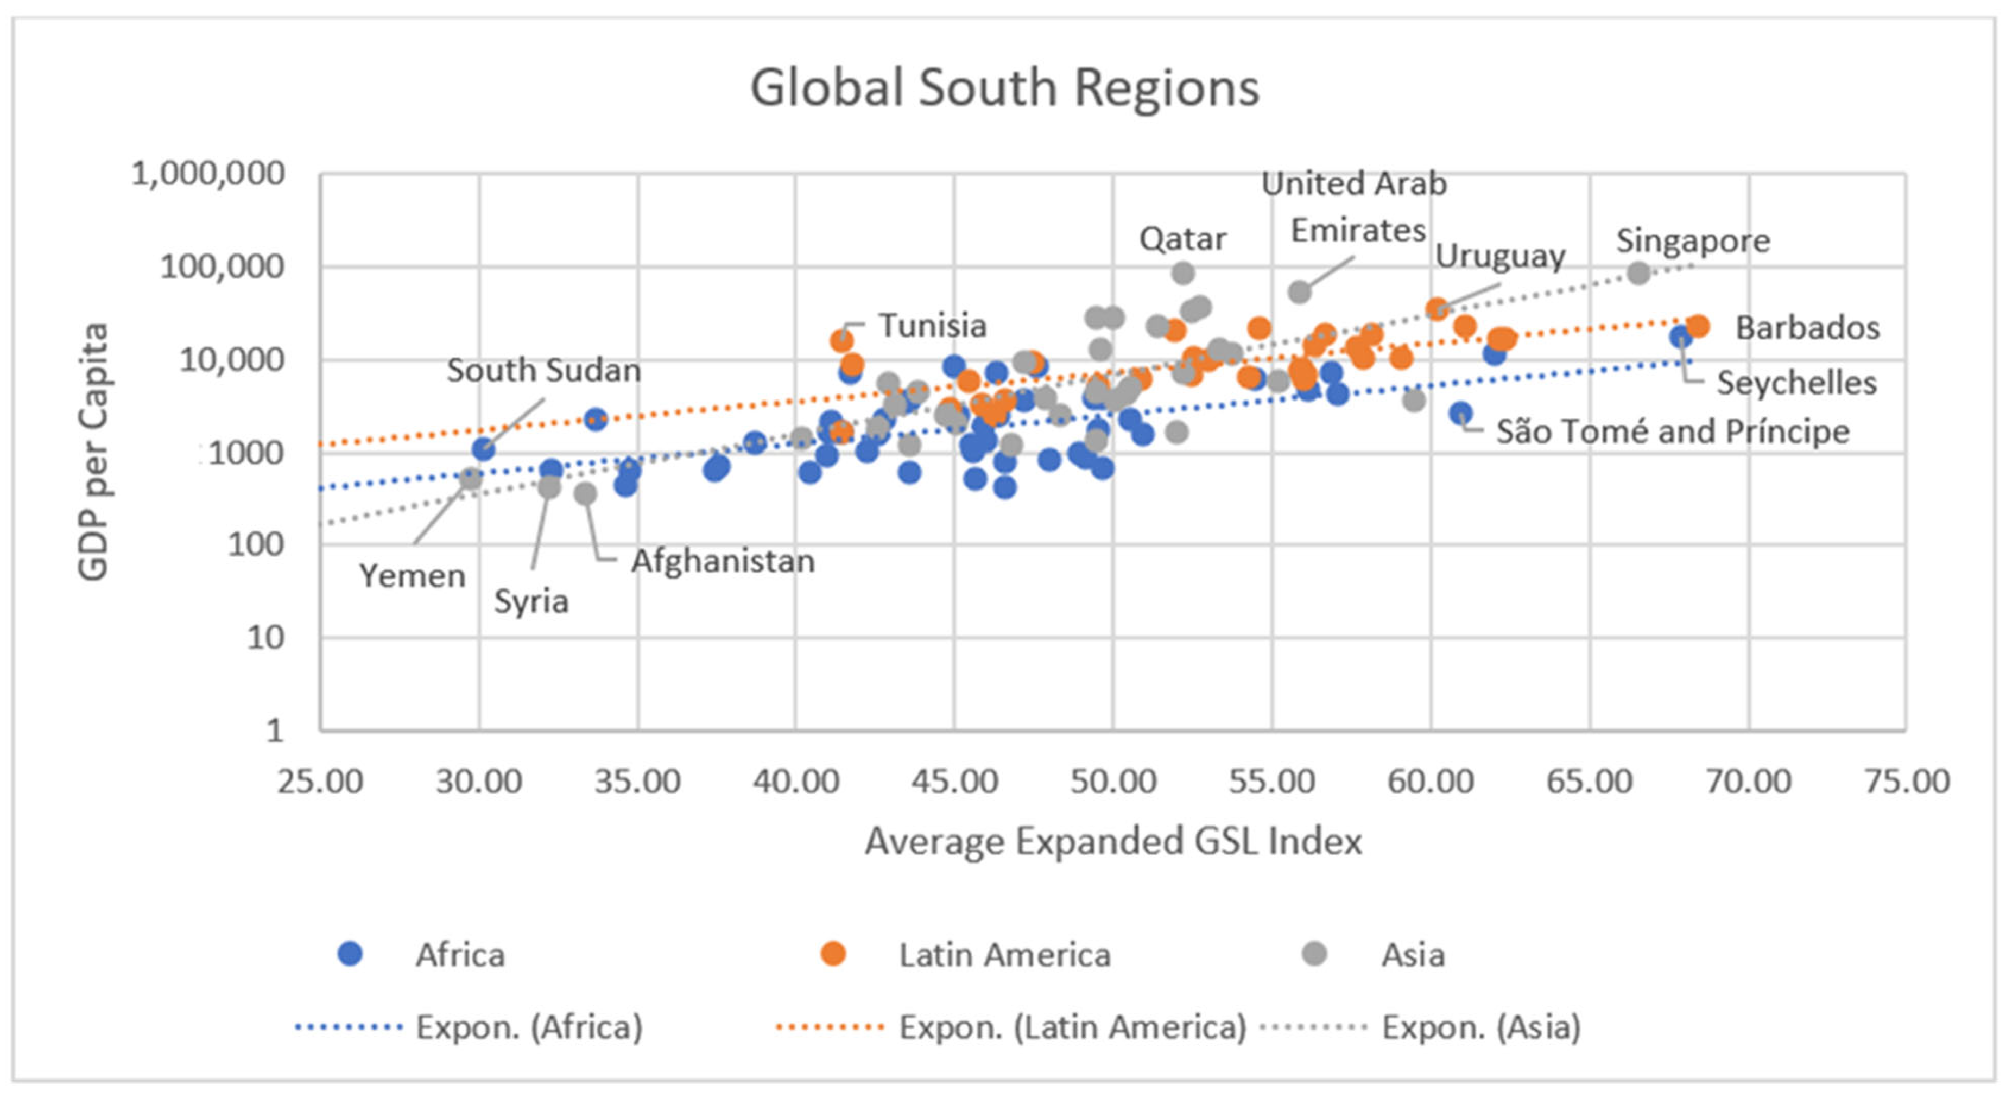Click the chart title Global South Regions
point(1004,87)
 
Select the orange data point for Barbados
point(1698,326)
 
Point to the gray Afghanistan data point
point(586,494)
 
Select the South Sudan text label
point(543,371)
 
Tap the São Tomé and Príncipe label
point(1673,431)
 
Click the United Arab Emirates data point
point(1300,292)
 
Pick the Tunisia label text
point(932,326)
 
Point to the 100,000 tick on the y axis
point(222,267)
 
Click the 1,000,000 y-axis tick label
point(208,174)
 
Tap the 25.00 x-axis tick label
point(320,780)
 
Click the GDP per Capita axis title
point(93,452)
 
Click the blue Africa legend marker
point(350,954)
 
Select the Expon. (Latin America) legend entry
point(1072,1027)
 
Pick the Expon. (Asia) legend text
point(1481,1027)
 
